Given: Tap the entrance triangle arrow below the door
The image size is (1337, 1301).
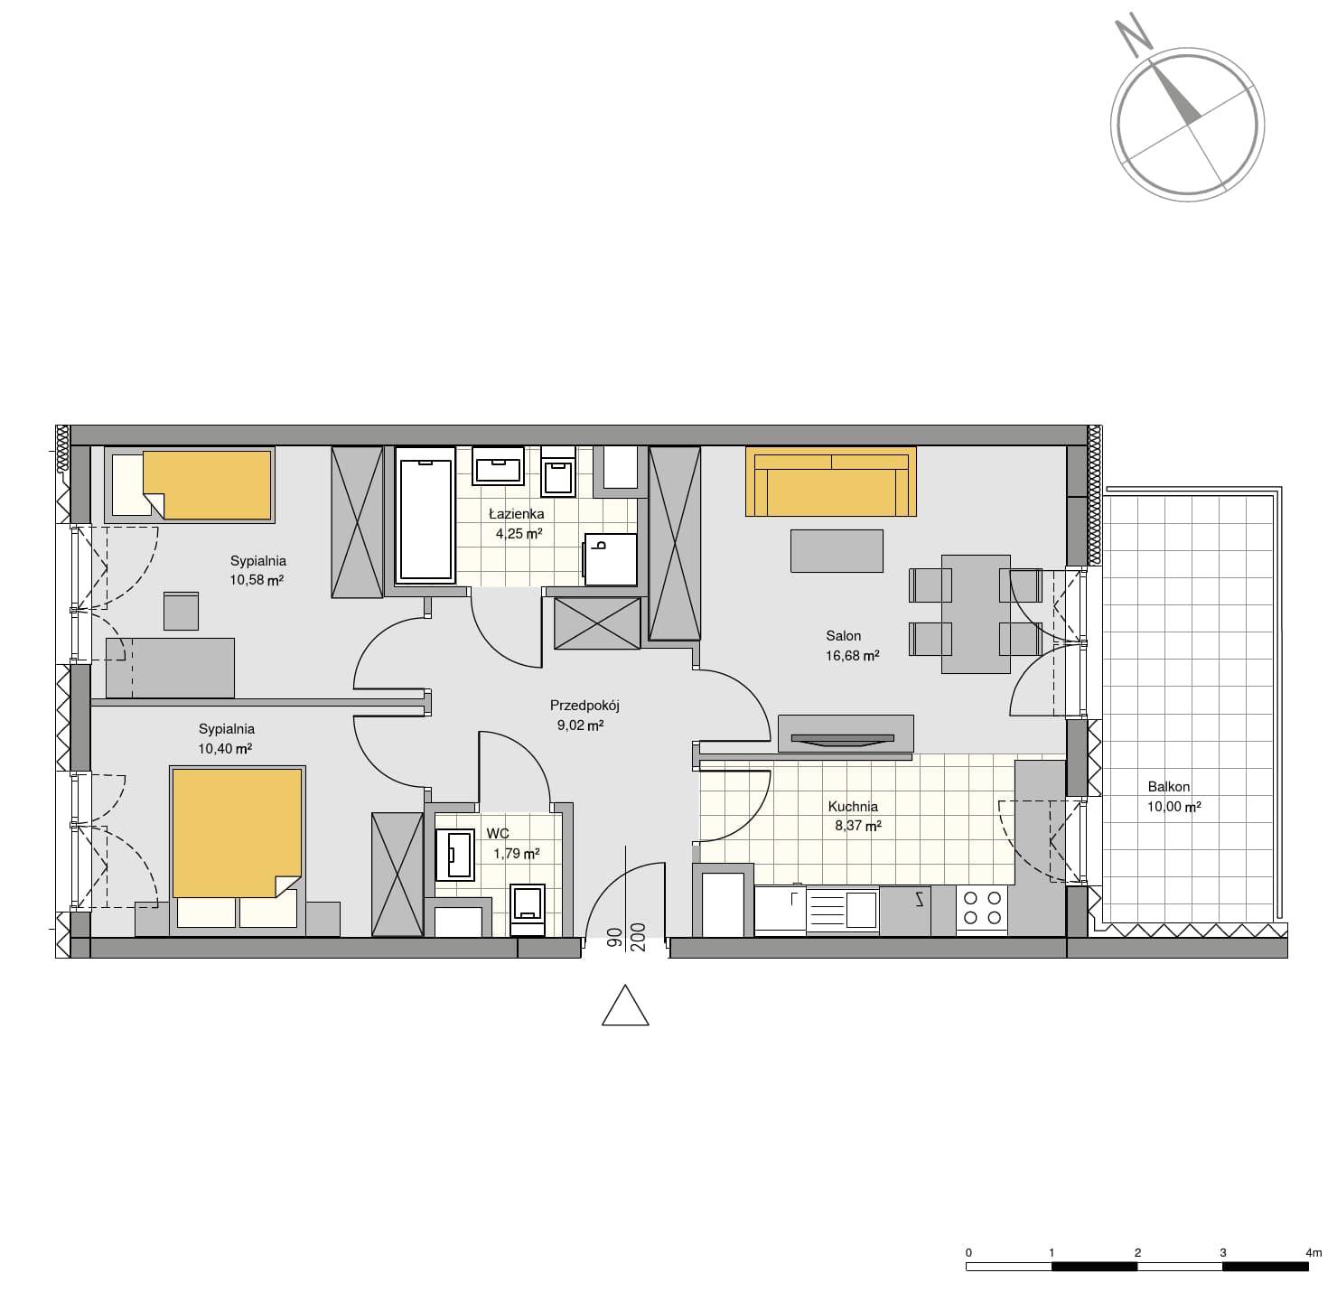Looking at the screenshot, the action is [x=625, y=1005].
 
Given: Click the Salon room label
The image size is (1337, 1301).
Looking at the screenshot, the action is [x=843, y=636].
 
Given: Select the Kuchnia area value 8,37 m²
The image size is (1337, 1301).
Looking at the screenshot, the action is [x=858, y=826].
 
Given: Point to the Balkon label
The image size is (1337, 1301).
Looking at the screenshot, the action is [x=1169, y=787].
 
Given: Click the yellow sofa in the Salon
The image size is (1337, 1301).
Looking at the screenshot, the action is [x=830, y=481].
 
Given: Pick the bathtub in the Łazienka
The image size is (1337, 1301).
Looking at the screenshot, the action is [x=425, y=516].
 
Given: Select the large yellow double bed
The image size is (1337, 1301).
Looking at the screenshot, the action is [x=237, y=850].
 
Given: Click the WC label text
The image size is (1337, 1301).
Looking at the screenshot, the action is [x=498, y=834].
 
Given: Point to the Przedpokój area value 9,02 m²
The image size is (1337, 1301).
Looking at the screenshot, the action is [x=581, y=725].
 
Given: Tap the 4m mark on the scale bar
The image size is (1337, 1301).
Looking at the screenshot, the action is [x=1314, y=1252].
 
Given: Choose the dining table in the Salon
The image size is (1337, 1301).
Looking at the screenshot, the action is [x=976, y=613].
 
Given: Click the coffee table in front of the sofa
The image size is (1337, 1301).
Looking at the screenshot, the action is [x=837, y=550].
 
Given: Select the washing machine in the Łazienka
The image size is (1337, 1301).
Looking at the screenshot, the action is [x=610, y=559].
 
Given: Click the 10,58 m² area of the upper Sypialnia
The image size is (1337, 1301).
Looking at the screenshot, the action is [x=257, y=579].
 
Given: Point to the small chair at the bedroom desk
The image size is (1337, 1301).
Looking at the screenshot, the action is [x=181, y=611].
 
